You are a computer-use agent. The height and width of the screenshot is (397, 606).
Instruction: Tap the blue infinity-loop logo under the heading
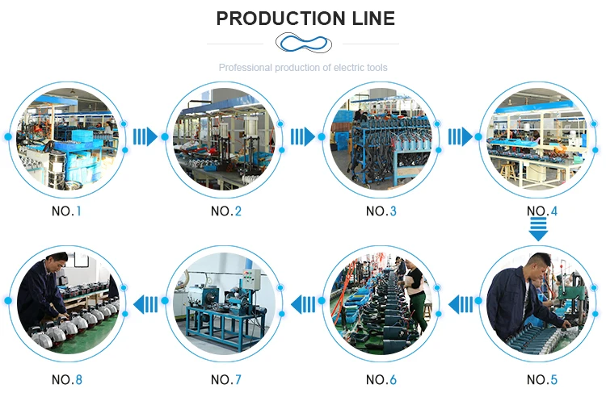point(303,43)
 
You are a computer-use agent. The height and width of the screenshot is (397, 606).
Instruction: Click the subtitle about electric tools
point(303,68)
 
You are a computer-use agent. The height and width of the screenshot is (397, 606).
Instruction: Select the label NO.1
point(67,211)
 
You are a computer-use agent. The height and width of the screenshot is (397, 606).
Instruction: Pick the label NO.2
point(226,211)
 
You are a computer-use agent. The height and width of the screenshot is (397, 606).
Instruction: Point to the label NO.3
point(381,211)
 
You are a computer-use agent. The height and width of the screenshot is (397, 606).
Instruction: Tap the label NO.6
point(381,379)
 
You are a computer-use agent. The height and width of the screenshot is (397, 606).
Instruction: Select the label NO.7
point(226,379)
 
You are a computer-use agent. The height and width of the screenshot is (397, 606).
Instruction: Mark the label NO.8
point(67,379)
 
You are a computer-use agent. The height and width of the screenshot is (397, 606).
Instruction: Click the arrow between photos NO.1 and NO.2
point(145,136)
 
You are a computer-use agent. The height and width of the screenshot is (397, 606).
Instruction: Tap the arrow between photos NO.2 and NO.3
point(302,136)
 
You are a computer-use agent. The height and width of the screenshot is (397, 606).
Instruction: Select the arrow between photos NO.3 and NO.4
point(460,136)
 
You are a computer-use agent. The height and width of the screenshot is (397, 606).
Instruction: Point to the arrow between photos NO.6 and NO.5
point(461,304)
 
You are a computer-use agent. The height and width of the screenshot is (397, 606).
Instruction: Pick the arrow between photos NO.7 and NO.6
point(304,304)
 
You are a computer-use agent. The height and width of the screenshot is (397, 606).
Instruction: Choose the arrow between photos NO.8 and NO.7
point(146,304)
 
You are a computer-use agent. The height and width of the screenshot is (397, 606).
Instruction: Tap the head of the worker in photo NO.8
point(56,263)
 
